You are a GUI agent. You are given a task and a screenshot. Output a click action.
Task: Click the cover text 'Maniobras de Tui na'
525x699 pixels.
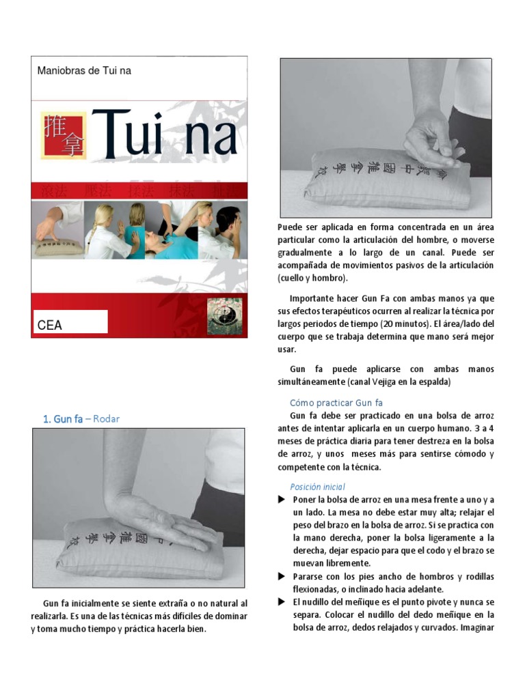(84, 71)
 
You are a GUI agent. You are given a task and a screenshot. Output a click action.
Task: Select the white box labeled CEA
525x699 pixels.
(72, 322)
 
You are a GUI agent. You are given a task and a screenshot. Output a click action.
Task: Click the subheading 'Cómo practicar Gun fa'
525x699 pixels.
(336, 403)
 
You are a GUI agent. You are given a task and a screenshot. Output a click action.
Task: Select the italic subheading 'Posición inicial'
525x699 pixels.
(317, 487)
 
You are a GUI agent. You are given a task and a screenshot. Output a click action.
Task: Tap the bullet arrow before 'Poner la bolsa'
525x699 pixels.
(281, 500)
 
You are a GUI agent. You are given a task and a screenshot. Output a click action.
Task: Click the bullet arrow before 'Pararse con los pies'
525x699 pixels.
(281, 577)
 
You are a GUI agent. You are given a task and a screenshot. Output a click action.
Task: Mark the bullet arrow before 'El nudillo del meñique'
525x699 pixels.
(281, 602)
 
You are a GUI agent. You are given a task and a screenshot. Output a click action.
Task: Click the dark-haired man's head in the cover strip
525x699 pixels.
(228, 221)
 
